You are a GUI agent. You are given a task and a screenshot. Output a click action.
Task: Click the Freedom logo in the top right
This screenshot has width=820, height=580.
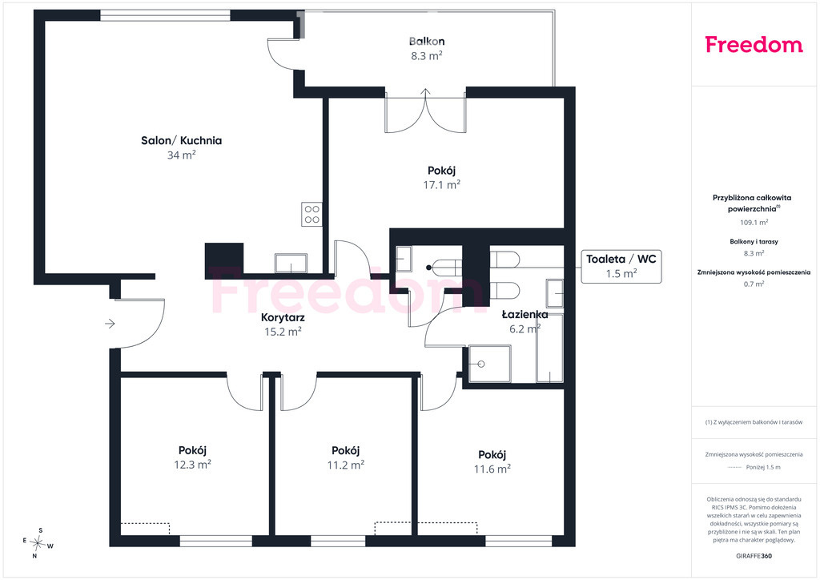point(754,44)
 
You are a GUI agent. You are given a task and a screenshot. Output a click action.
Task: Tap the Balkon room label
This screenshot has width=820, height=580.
point(427,42)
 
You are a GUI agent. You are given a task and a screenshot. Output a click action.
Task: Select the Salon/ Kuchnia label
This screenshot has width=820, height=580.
point(182,140)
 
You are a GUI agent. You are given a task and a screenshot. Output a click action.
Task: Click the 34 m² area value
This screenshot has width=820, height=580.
point(182,155)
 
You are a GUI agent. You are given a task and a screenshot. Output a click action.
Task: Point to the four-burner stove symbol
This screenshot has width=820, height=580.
point(312,215)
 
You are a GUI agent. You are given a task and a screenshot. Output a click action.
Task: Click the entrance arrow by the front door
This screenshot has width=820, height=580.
point(110,324)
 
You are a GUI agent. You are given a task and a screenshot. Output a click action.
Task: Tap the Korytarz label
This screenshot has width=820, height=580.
point(283,317)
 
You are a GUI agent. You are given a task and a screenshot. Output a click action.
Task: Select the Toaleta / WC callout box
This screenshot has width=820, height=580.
point(621,266)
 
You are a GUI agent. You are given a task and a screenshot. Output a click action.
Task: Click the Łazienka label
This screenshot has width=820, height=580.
point(525,314)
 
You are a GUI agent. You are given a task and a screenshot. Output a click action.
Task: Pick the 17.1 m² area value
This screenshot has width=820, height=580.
point(442,184)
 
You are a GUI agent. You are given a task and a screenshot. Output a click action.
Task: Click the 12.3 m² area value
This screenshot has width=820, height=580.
point(192,465)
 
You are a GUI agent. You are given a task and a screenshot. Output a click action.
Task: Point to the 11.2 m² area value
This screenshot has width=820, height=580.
point(346,465)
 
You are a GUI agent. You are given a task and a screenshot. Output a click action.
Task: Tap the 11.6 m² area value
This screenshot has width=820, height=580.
point(492,469)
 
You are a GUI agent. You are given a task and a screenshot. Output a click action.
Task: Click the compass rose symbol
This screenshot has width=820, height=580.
point(38,543)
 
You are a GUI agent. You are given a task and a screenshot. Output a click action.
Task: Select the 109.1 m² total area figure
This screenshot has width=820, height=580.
point(754,222)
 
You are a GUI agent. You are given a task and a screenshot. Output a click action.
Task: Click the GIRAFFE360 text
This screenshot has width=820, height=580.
point(754,556)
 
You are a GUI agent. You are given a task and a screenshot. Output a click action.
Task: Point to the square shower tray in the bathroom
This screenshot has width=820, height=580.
point(489,364)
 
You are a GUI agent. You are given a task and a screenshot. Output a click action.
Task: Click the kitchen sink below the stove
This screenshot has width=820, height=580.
point(291,263)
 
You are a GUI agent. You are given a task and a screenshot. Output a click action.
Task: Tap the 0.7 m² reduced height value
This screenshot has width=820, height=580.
point(754,284)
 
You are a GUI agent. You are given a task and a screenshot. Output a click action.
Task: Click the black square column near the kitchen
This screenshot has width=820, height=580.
point(224,260)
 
